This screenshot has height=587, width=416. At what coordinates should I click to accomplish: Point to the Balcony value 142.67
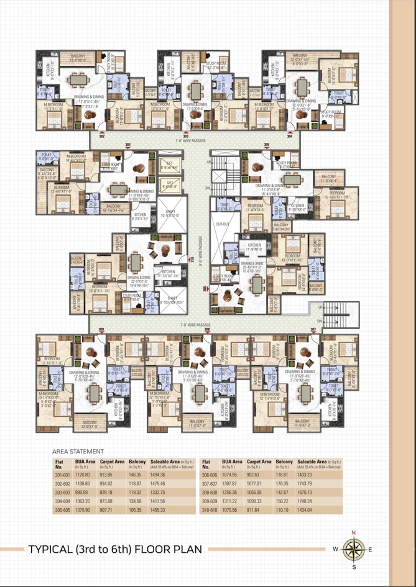[x=284, y=491]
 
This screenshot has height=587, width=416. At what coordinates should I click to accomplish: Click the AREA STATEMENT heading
[x=78, y=452]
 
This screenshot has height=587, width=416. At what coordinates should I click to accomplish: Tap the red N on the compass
[x=354, y=533]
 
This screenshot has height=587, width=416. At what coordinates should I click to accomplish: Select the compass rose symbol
[x=354, y=549]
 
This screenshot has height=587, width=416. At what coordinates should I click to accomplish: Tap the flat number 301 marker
[x=127, y=145]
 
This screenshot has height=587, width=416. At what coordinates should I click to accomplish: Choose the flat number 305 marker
[x=267, y=145]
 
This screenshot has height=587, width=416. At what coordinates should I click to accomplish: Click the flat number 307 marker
[x=313, y=330]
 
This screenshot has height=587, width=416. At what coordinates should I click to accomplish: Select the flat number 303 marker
[x=185, y=135]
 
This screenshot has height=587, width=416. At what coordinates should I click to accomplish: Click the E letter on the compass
[x=370, y=549]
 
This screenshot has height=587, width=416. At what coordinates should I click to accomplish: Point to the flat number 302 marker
[x=101, y=135]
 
